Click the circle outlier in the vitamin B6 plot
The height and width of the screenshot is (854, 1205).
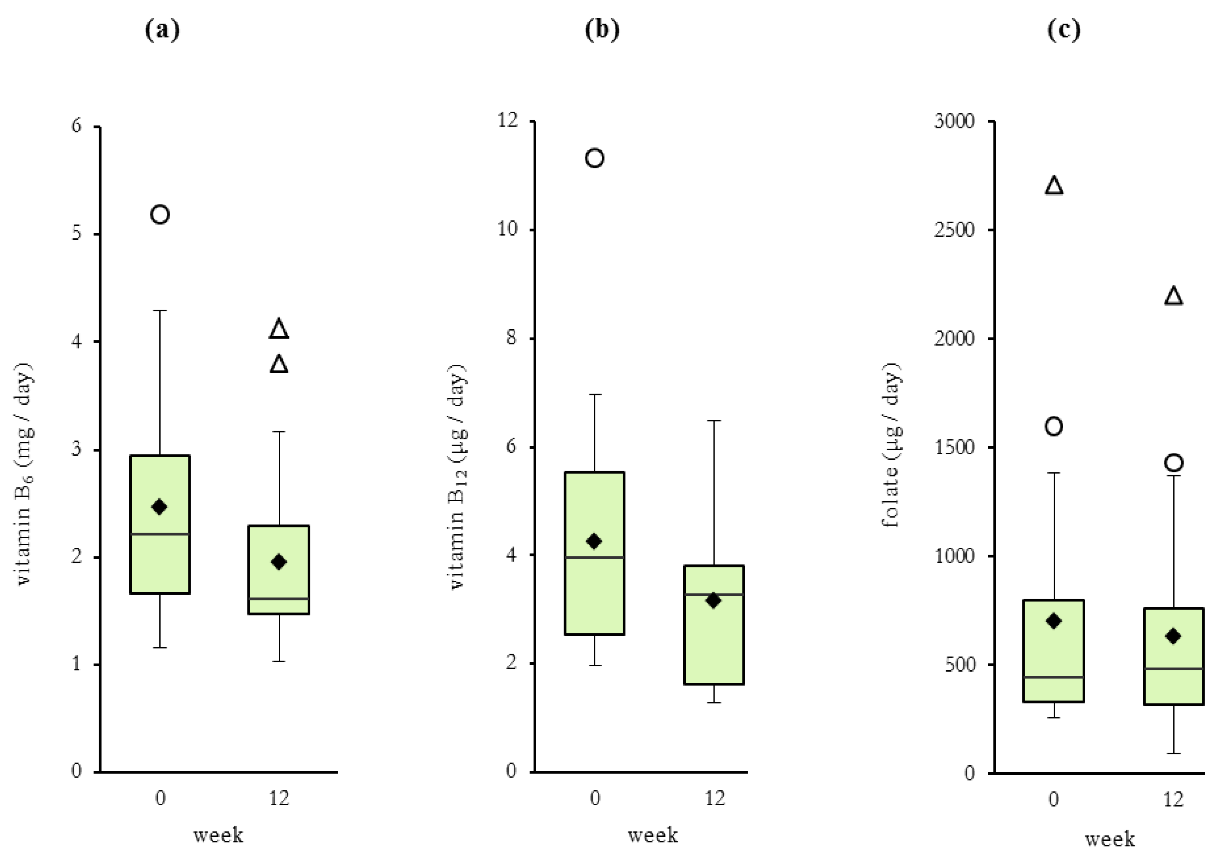160,215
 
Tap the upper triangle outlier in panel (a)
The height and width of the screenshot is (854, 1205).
279,329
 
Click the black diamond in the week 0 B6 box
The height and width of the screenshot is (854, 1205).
159,507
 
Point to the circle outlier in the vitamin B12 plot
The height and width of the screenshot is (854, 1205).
595,158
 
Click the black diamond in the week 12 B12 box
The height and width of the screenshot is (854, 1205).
713,600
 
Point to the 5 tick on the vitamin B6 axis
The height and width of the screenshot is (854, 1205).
77,232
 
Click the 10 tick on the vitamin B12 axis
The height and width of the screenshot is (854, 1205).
508,229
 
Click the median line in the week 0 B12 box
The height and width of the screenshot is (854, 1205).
595,557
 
